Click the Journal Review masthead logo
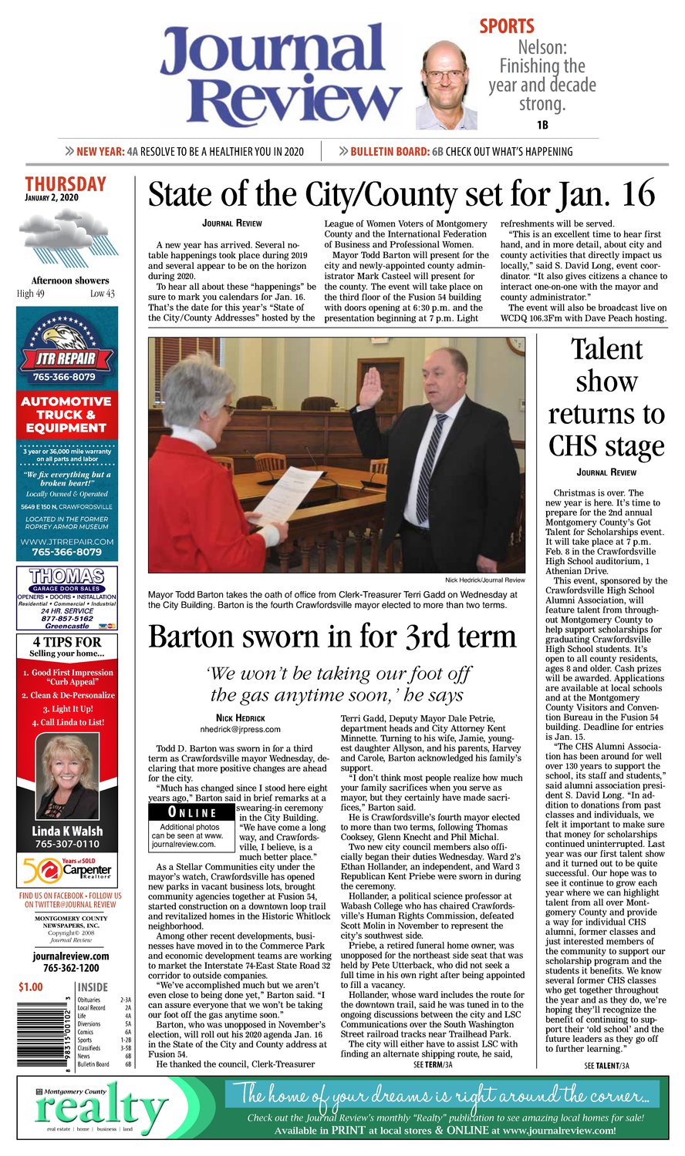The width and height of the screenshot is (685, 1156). (282, 75)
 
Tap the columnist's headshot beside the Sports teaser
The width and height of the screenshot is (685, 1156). (445, 85)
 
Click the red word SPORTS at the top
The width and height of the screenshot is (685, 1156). (507, 26)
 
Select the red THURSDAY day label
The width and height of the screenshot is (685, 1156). (66, 184)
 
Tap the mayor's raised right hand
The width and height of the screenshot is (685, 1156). (371, 388)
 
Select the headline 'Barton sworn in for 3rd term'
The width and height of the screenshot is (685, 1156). (332, 637)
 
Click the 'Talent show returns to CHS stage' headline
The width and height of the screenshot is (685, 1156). (606, 397)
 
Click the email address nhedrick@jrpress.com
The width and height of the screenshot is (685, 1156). (240, 729)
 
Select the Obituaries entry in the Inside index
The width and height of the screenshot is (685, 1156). (89, 1000)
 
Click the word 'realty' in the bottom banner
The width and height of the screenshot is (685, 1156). (100, 1114)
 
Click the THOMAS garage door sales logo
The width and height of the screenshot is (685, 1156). (67, 576)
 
